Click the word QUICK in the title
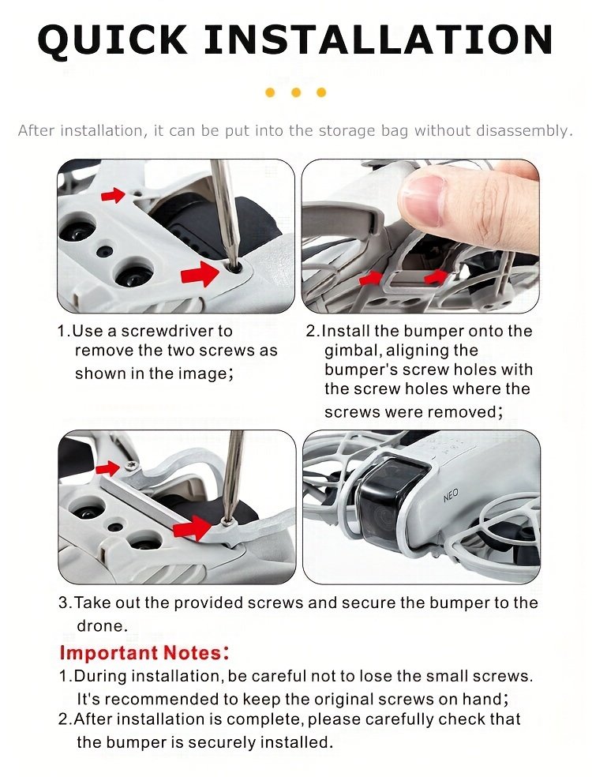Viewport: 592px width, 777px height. pos(112,39)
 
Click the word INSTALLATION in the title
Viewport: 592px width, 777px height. pos(378,39)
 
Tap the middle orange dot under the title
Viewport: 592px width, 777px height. pos(296,92)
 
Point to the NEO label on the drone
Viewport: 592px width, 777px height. pos(451,495)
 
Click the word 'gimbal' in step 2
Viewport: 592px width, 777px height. pos(351,351)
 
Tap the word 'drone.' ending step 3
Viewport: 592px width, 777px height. pos(102,626)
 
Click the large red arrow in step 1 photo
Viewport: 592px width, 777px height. pos(200,273)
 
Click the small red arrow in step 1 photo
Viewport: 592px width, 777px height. pos(113,195)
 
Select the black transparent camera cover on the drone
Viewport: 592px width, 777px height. pos(391,504)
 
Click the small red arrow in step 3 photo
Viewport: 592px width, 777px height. pos(107,467)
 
